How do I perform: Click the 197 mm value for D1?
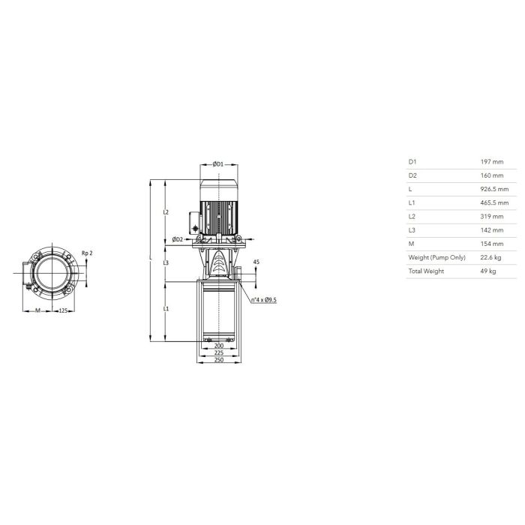coord(492,162)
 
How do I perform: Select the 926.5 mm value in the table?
coord(494,189)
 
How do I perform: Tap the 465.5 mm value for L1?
coord(494,203)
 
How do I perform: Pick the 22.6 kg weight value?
coord(490,257)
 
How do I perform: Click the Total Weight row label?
coord(426,271)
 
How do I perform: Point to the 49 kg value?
coord(488,271)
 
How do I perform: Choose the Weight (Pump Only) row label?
coord(436,257)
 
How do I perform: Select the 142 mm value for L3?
coord(492,230)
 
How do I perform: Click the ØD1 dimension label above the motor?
coord(218,164)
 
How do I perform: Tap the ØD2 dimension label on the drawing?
coord(178,239)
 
